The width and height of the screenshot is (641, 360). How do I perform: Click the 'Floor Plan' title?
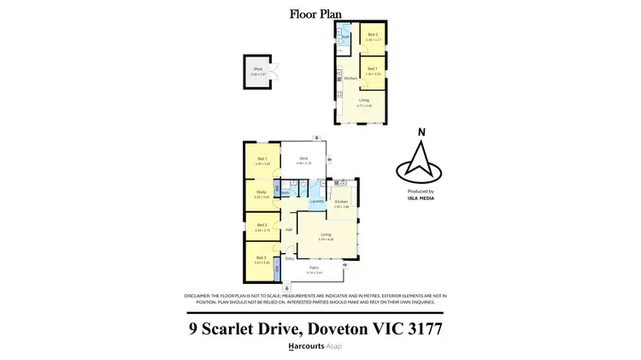tap(320, 13)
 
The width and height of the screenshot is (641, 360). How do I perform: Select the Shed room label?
tap(254, 71)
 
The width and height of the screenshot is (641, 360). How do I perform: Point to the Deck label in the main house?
tap(303, 158)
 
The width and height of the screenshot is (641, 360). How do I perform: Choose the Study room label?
tap(262, 192)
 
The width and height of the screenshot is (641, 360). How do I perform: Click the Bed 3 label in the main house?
tap(262, 259)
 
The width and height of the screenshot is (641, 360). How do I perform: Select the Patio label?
tap(315, 269)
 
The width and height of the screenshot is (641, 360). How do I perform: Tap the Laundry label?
tap(316, 201)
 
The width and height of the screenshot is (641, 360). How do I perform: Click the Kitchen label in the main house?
tap(341, 203)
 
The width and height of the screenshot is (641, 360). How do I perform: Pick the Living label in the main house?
tap(326, 234)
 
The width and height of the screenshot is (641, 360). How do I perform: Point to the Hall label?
tap(289, 229)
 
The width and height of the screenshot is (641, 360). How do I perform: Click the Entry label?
tap(289, 258)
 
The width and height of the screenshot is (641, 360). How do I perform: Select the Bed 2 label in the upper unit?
tap(372, 35)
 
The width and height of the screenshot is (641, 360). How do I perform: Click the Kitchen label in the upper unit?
tap(350, 79)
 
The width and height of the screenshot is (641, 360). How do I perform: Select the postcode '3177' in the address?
tap(425, 328)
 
